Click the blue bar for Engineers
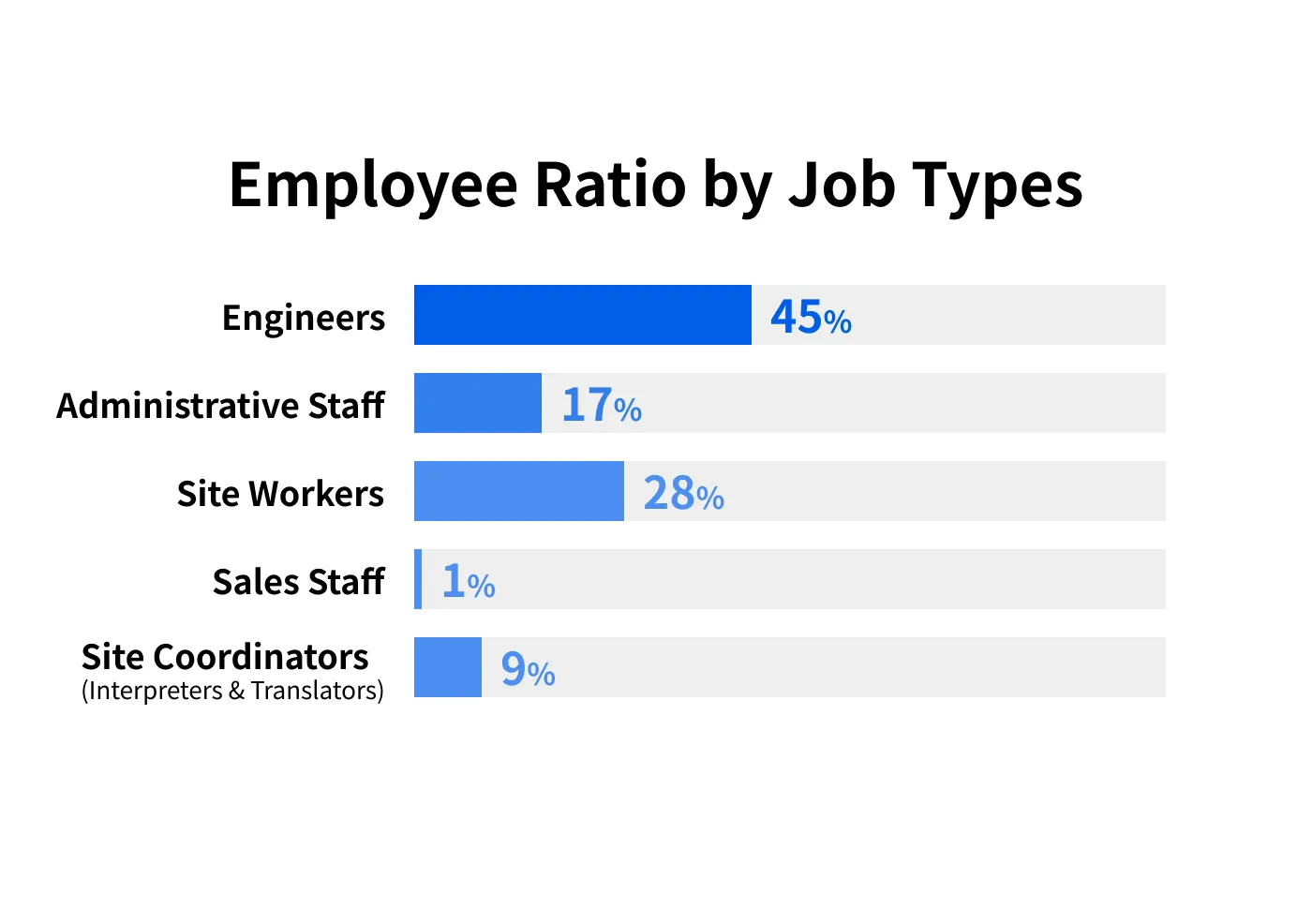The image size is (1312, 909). pyautogui.click(x=582, y=315)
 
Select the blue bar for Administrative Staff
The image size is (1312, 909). pyautogui.click(x=478, y=403)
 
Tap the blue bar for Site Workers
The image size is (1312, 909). pyautogui.click(x=518, y=491)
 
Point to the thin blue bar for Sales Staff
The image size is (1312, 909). pyautogui.click(x=418, y=579)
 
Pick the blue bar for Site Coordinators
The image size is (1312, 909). pyautogui.click(x=448, y=667)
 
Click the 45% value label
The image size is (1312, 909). pyautogui.click(x=811, y=317)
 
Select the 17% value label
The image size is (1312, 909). pyautogui.click(x=601, y=405)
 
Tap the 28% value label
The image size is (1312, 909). pyautogui.click(x=683, y=493)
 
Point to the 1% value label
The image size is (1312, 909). pyautogui.click(x=468, y=581)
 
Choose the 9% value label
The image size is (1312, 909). pyautogui.click(x=528, y=669)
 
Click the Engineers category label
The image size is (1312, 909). pyautogui.click(x=304, y=319)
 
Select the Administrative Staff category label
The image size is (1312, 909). pyautogui.click(x=220, y=406)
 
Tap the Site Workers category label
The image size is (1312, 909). pyautogui.click(x=280, y=494)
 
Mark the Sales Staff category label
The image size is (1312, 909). pyautogui.click(x=298, y=582)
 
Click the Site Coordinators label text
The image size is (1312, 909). pyautogui.click(x=225, y=657)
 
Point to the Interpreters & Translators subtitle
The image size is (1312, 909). pyautogui.click(x=232, y=692)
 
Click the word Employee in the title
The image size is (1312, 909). pyautogui.click(x=373, y=186)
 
